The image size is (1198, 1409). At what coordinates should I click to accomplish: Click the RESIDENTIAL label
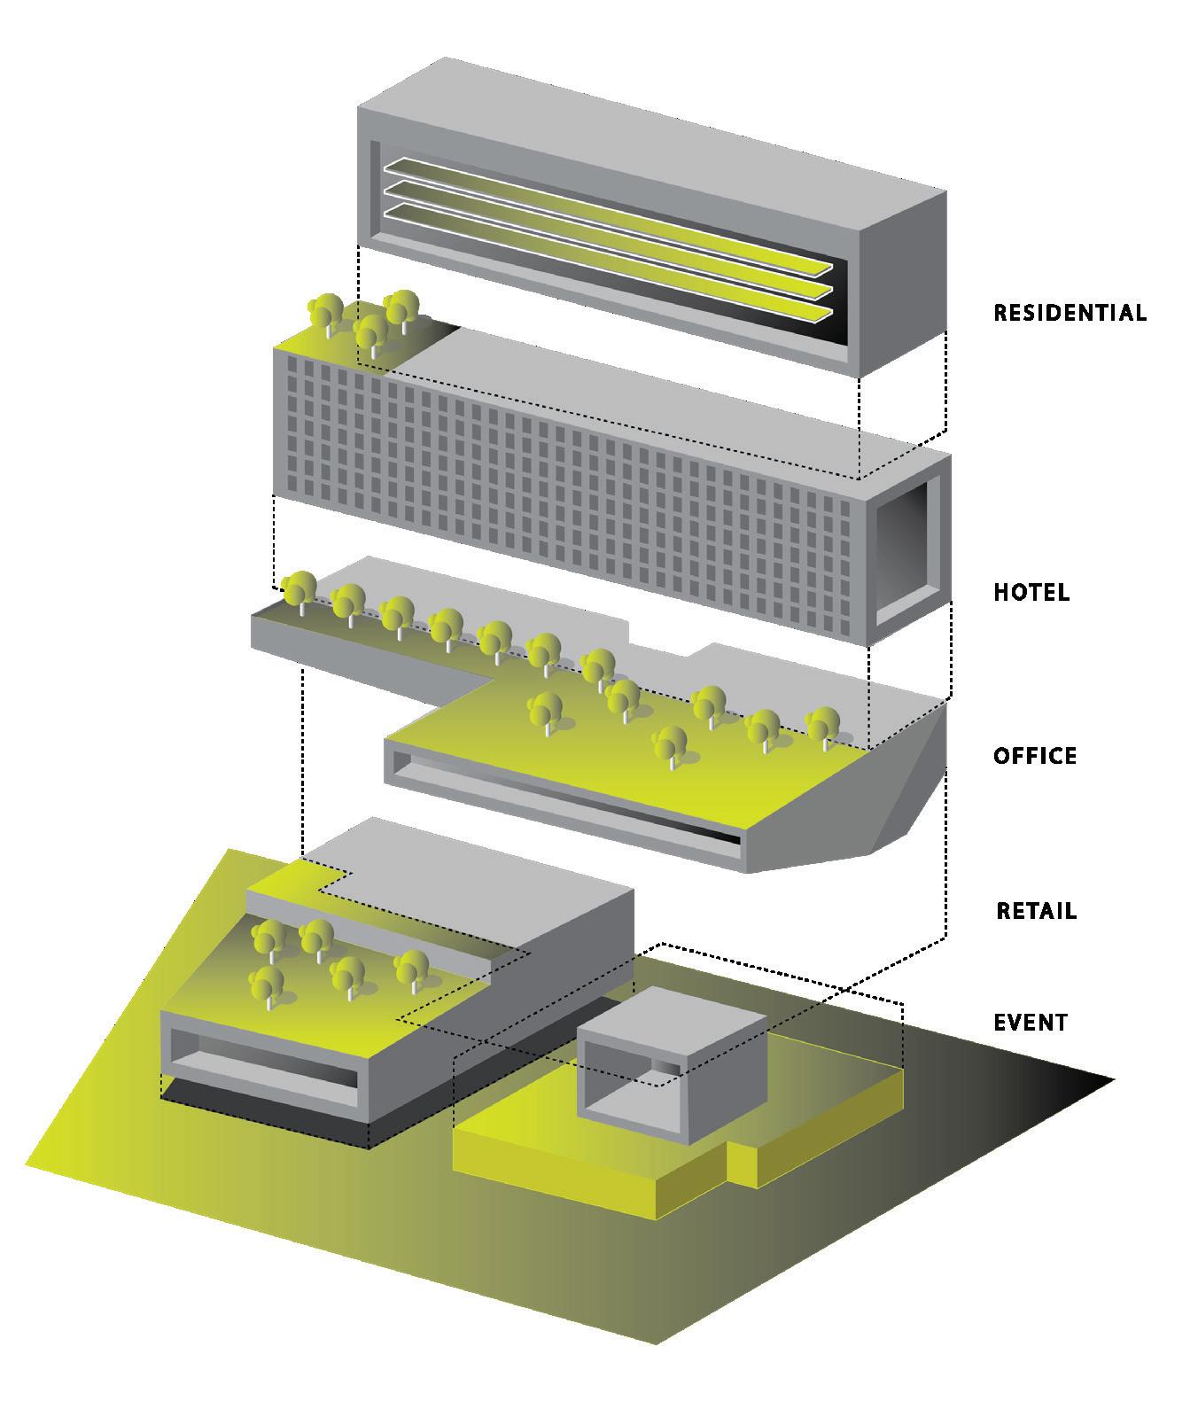coord(1070,313)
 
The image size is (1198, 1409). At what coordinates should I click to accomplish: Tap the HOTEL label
coord(1031,592)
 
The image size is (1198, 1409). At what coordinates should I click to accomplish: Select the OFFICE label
coord(1035,756)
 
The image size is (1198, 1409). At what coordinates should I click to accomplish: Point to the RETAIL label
coord(1036,911)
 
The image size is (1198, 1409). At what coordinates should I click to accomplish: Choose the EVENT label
coord(1031,1023)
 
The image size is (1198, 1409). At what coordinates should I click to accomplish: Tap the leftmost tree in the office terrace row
coord(299,589)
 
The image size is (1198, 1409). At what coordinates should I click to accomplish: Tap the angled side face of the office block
coord(913,780)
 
